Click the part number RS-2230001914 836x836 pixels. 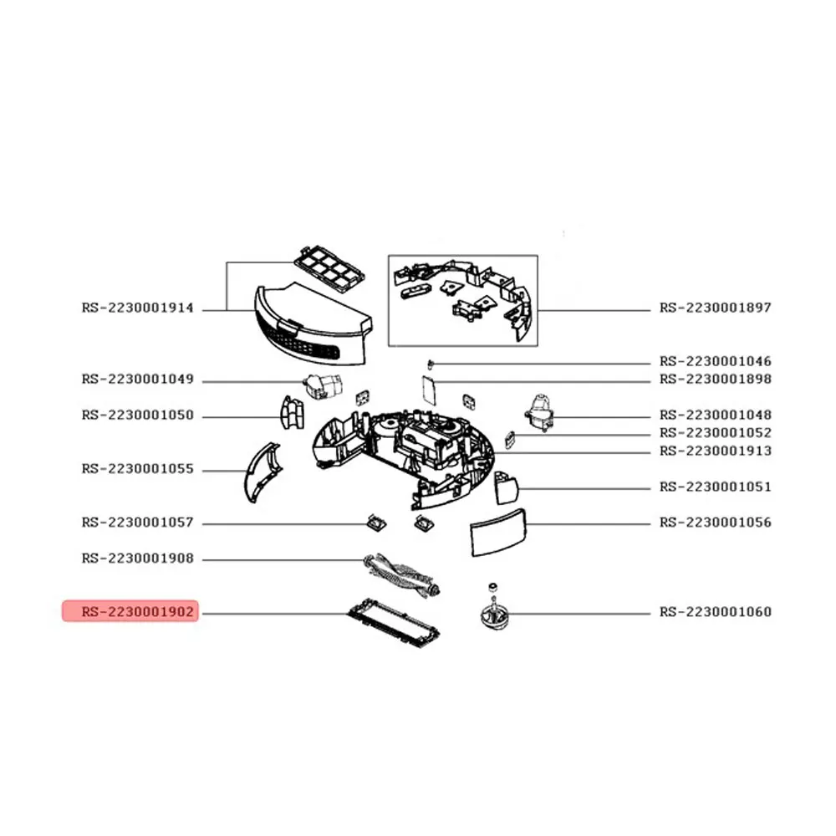[x=138, y=308]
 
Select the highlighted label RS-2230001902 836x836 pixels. [x=138, y=612]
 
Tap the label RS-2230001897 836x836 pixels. [x=716, y=308]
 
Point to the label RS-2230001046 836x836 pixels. [x=716, y=361]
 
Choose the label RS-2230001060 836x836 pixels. [x=716, y=612]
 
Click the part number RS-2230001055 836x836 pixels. [x=138, y=469]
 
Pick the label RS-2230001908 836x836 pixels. [x=138, y=558]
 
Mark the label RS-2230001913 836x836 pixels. [x=716, y=451]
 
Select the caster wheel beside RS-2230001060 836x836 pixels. [x=493, y=615]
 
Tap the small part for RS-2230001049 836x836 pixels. [x=322, y=386]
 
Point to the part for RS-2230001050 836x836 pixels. [x=290, y=412]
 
